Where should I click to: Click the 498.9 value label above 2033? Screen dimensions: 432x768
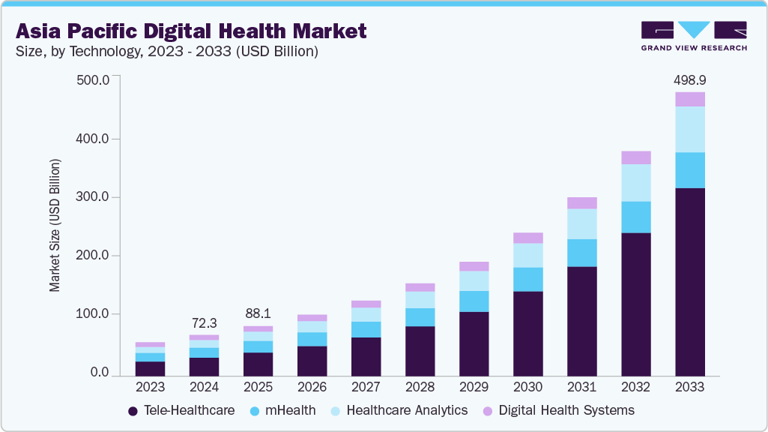[x=689, y=79]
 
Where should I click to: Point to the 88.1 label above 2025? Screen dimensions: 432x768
[x=258, y=313]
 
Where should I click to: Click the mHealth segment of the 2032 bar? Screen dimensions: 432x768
[x=635, y=217]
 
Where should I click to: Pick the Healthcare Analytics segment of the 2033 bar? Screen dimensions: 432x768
[x=689, y=129]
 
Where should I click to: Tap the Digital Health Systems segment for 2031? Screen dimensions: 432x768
[x=581, y=202]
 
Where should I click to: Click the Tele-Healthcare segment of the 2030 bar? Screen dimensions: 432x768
[x=527, y=333]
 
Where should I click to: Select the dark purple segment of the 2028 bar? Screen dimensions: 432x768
[x=420, y=350]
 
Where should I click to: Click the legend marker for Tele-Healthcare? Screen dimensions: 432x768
[x=133, y=411]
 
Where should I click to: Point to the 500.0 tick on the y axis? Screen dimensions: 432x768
[x=94, y=80]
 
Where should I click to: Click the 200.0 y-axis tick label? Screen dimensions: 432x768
[x=94, y=256]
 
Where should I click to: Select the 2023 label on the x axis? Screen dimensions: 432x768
[x=150, y=388]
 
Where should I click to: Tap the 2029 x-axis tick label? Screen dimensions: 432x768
[x=474, y=388]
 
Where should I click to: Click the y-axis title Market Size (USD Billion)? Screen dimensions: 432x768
[x=55, y=225]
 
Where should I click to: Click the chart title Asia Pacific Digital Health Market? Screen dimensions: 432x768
[x=191, y=31]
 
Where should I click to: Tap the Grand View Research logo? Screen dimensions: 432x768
[x=694, y=36]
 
